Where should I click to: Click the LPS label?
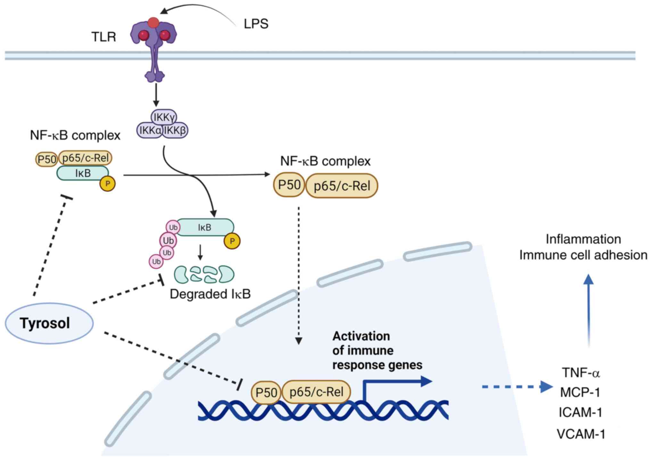256,24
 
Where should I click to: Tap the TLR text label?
103,37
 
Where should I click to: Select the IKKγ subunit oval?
164,117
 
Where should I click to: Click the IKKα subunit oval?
150,130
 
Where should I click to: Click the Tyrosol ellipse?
49,323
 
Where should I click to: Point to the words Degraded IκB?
210,294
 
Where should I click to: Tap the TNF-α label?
581,373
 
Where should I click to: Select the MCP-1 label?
580,392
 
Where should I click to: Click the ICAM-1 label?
580,412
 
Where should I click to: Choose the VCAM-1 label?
581,434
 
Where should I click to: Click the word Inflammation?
583,239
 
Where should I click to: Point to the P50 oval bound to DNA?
266,392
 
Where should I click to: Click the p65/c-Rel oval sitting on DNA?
316,391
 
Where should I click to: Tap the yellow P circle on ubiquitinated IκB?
232,241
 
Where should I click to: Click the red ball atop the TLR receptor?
153,22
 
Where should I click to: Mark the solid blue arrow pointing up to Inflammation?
589,311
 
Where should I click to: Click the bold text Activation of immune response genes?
377,350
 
